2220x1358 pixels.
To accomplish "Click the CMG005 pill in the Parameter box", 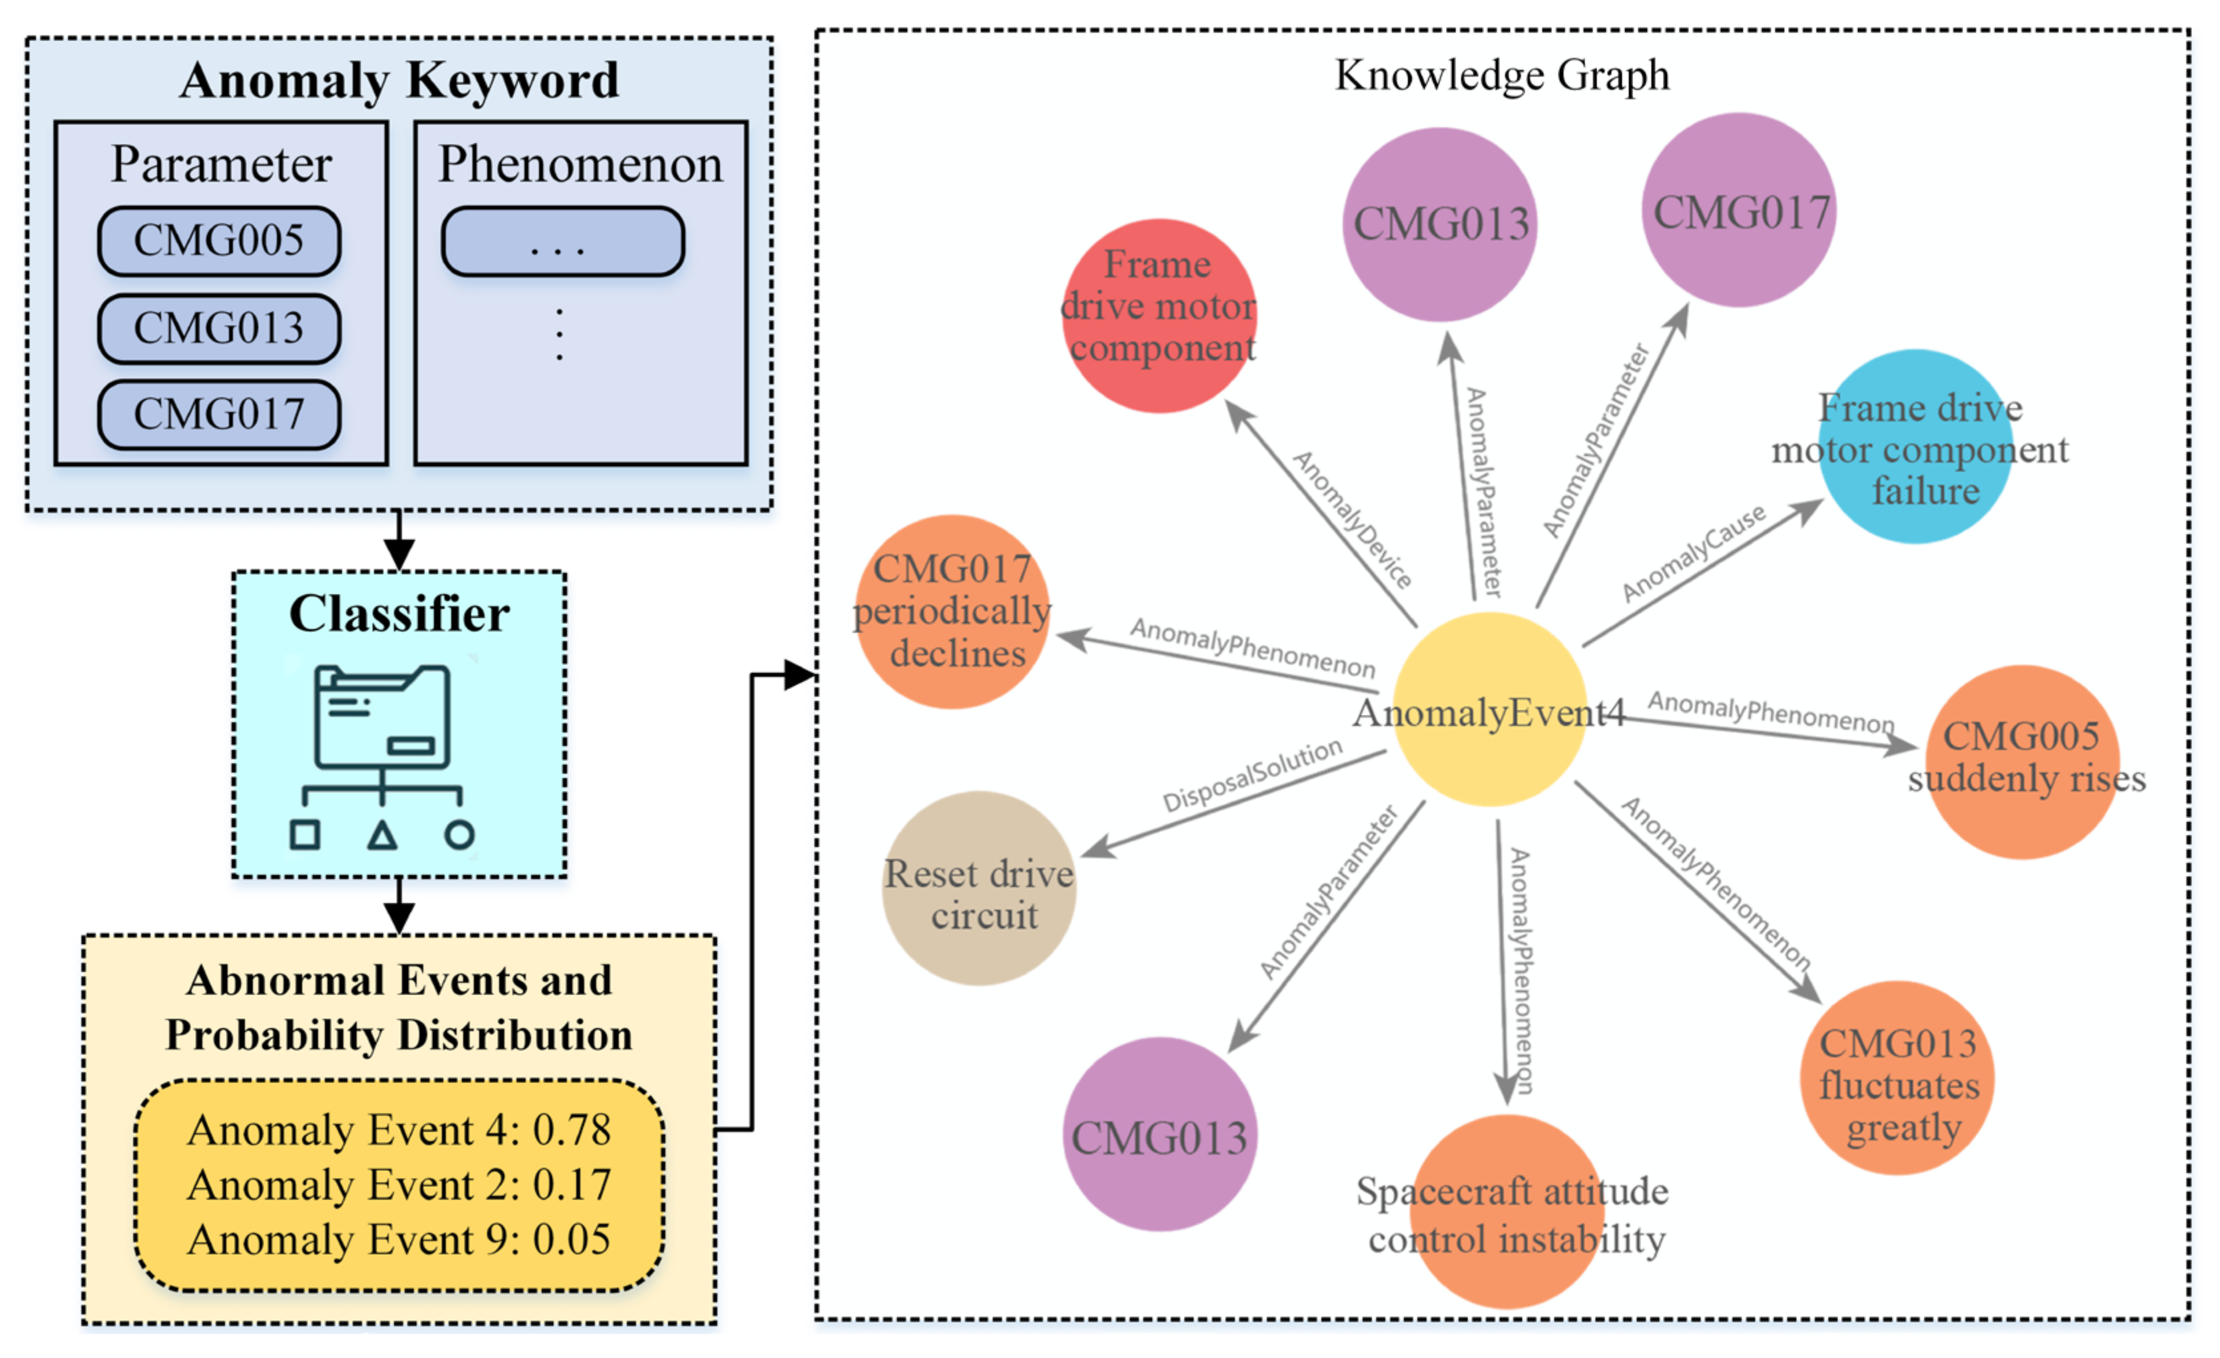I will (x=219, y=240).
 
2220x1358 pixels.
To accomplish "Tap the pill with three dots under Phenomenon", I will (x=562, y=242).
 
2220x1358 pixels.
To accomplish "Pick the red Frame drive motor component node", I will (x=1159, y=316).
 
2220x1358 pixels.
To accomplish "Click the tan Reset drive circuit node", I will (x=980, y=889).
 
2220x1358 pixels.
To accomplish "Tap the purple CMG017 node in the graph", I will (x=1739, y=210).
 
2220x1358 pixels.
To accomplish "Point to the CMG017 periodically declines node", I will (x=952, y=612).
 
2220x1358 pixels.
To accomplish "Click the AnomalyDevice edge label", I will (x=1352, y=519).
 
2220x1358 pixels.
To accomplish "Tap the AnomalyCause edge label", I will (x=1694, y=553).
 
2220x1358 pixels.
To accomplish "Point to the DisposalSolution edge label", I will (x=1252, y=774).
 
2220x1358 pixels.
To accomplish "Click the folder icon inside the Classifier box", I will (x=382, y=718).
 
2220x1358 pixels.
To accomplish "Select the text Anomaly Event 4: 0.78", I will (x=399, y=1130).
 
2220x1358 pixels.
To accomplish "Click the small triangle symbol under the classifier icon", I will (x=382, y=836).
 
